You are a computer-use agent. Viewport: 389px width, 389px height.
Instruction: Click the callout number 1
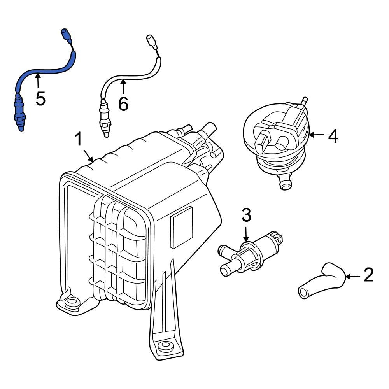[79, 139]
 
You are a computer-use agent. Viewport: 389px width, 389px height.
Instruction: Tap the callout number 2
[368, 275]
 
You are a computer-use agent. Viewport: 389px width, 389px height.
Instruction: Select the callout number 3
[246, 215]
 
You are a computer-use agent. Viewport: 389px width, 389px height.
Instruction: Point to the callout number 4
[333, 136]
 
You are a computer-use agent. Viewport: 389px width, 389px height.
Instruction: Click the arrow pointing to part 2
[352, 277]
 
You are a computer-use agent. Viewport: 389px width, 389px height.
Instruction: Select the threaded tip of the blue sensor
[21, 125]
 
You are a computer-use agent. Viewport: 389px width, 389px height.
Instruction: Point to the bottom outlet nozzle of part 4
[286, 183]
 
